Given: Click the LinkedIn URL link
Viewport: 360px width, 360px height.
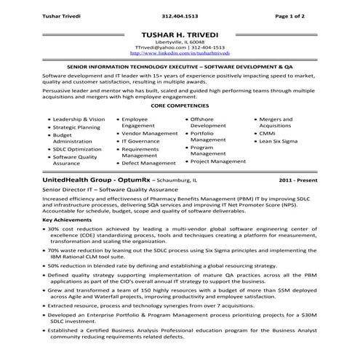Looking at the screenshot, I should pos(180,54).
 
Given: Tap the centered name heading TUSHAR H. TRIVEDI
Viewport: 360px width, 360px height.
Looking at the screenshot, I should pos(180,33).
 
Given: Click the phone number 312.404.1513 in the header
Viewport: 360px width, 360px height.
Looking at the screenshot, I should pos(180,15).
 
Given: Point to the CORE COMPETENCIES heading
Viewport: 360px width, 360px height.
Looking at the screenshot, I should pos(180,105).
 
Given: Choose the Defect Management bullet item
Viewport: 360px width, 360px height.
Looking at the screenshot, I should pos(148,164).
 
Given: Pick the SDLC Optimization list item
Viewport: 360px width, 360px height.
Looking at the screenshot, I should pos(77,148).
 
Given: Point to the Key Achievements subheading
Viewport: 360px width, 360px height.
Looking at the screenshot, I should pos(68,219).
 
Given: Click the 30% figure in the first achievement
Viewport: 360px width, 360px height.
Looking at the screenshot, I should pos(57,228).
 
